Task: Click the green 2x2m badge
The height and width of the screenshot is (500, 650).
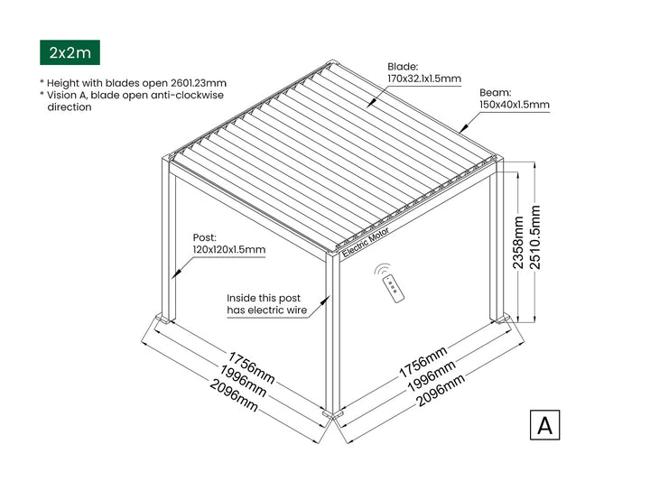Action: (70, 52)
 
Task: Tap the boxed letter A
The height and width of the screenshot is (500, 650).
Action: (544, 425)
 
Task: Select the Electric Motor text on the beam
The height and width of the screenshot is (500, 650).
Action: (366, 243)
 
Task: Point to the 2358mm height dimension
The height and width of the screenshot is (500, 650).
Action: (518, 243)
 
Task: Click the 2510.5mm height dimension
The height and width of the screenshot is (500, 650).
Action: (535, 237)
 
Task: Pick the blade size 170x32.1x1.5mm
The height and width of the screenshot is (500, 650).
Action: (424, 79)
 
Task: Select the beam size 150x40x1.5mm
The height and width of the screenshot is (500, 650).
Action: (515, 105)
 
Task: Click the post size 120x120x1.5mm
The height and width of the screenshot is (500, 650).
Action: (228, 249)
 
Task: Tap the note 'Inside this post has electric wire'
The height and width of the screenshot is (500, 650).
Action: (267, 304)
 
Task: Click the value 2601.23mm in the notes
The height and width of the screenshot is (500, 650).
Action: (199, 83)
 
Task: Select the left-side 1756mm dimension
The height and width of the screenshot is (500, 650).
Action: (251, 367)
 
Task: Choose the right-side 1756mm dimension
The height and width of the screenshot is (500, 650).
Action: (423, 362)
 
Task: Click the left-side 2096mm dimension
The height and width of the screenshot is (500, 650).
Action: (234, 395)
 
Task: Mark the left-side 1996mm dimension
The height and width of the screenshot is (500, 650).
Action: (243, 381)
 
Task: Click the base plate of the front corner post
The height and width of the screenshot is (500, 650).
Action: (333, 413)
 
